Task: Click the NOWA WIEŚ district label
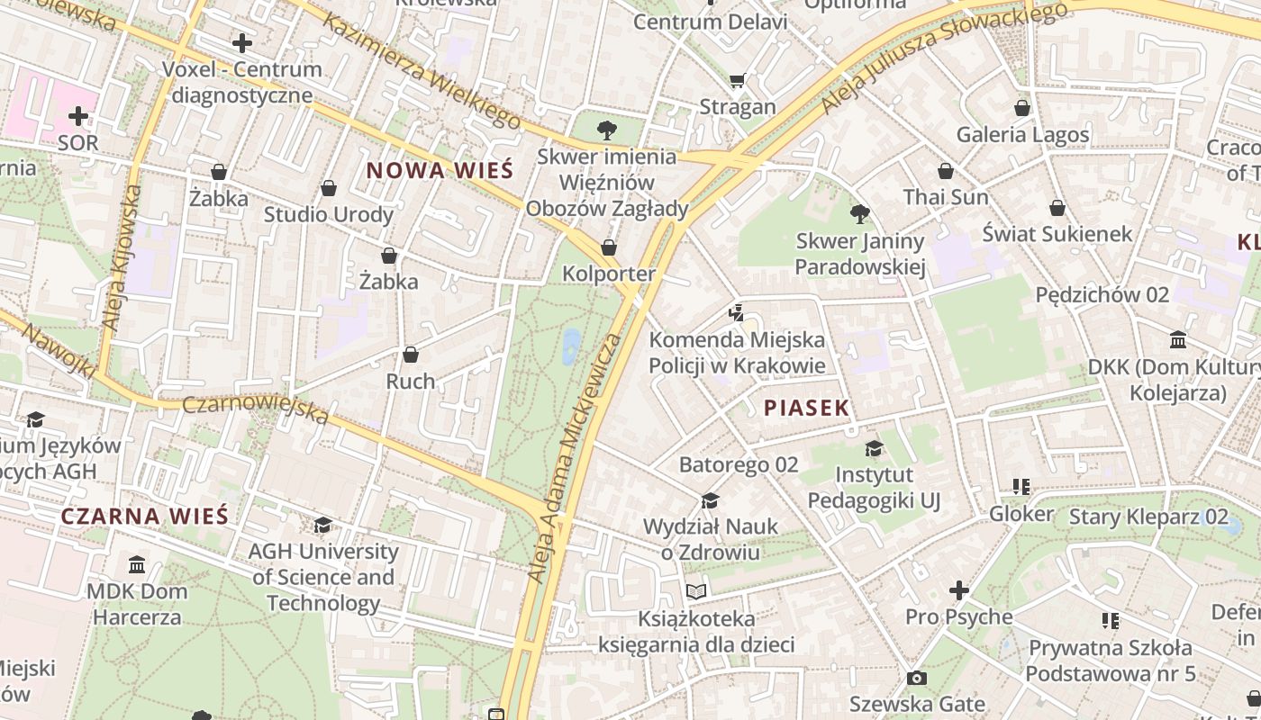(x=440, y=170)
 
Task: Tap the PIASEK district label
(x=806, y=408)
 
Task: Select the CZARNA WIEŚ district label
(x=144, y=517)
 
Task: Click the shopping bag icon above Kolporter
(x=609, y=247)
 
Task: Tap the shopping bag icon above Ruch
(x=411, y=355)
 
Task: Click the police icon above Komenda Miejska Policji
(x=737, y=313)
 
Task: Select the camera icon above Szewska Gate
(x=917, y=679)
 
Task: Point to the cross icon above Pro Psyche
(x=959, y=591)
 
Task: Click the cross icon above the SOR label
(x=78, y=116)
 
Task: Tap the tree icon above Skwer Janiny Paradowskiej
(x=860, y=214)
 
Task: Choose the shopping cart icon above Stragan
(x=738, y=81)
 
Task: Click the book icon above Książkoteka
(x=696, y=592)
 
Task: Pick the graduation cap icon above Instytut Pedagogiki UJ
(x=874, y=448)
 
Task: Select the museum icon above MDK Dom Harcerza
(x=137, y=565)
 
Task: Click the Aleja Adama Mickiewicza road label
(x=576, y=457)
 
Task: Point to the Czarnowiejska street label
(x=256, y=409)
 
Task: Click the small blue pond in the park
(x=571, y=346)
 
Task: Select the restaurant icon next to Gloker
(x=1021, y=487)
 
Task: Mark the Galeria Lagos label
(x=1022, y=135)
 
